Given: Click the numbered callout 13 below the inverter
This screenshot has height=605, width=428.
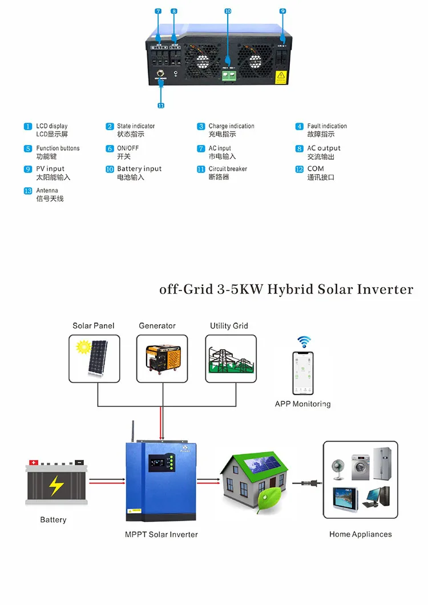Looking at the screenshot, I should coord(160,106).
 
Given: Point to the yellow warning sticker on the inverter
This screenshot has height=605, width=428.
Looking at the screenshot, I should coord(281,77).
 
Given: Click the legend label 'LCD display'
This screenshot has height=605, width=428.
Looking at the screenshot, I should coord(52,126).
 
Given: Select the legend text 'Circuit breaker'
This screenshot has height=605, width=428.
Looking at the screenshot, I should coord(228,169).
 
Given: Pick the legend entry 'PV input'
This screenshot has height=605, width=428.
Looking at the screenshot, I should coord(50,169).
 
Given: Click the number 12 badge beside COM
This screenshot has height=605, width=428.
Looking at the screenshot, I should coord(300,169).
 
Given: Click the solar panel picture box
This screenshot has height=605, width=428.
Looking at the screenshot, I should coord(95,358).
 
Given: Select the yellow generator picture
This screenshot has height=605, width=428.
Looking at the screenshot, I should coord(162,358).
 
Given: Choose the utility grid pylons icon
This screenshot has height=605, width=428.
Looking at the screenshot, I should coord(231,358).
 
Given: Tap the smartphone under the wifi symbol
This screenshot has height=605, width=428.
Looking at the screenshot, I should coord(303,372).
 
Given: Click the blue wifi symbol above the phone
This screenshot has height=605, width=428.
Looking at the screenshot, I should coord(303,341).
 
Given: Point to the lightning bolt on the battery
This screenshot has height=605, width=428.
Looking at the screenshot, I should coord(55,485).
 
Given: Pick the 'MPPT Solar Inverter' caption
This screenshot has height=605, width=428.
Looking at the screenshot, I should coord(161,535).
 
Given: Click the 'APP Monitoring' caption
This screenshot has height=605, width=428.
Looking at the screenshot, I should coord(302,404).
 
